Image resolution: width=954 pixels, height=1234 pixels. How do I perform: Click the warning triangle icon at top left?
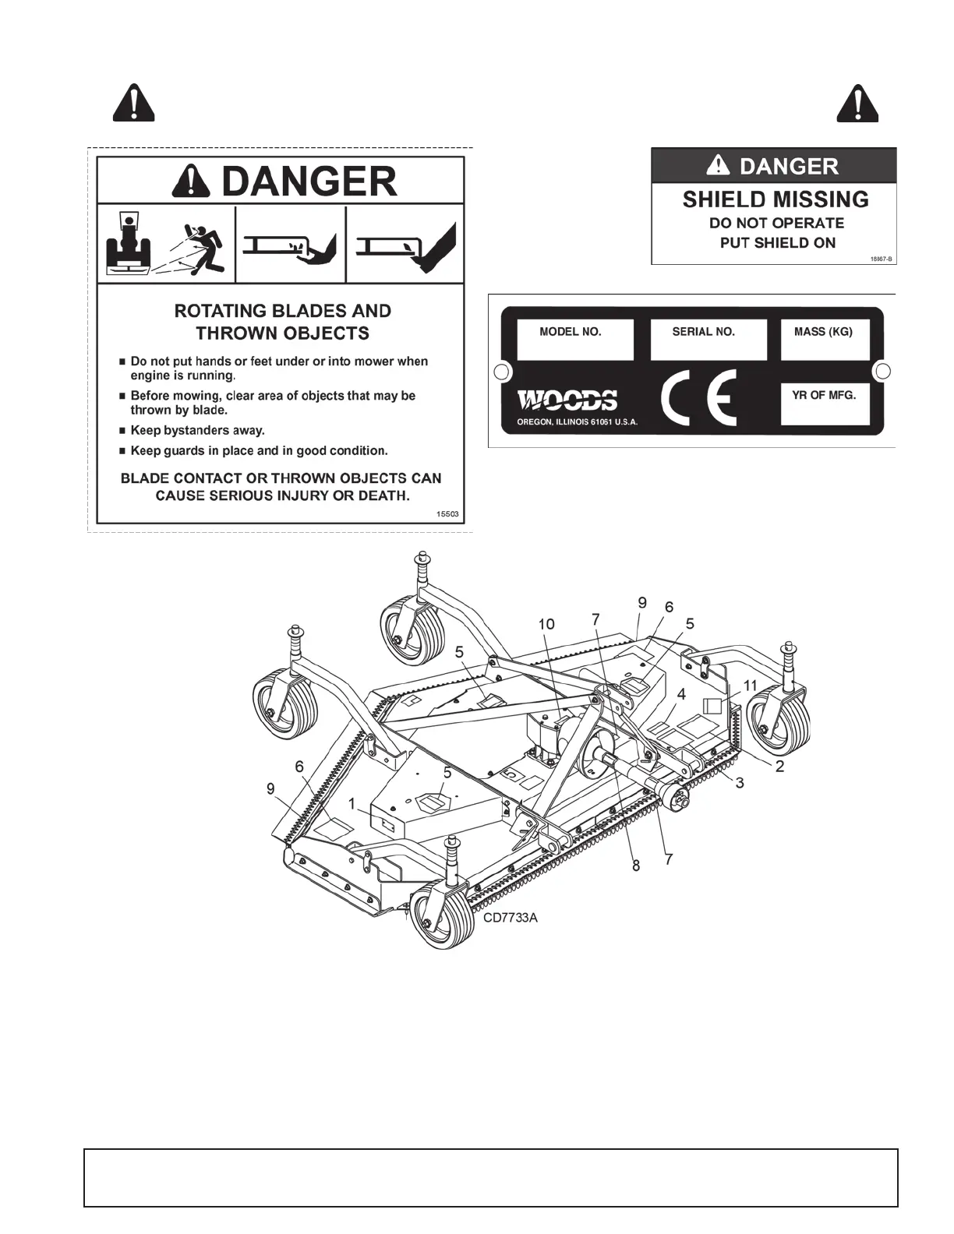pyautogui.click(x=133, y=104)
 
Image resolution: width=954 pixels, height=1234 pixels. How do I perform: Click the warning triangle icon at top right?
pyautogui.click(x=857, y=104)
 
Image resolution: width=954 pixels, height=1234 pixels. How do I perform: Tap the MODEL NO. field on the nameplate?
pyautogui.click(x=575, y=340)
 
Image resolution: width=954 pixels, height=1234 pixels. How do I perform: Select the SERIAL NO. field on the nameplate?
pyautogui.click(x=708, y=340)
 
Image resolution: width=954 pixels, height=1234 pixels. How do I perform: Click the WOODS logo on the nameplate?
pyautogui.click(x=567, y=400)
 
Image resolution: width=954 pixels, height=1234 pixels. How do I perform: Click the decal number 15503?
pyautogui.click(x=448, y=514)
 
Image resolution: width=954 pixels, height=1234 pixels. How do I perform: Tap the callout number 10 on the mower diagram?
pyautogui.click(x=546, y=624)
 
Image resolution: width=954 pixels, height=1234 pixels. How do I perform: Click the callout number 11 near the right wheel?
pyautogui.click(x=750, y=686)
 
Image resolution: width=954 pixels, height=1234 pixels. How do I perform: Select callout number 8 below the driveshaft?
pyautogui.click(x=636, y=865)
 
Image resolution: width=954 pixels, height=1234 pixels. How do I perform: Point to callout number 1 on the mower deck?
pyautogui.click(x=352, y=803)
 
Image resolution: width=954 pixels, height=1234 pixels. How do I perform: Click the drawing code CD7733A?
pyautogui.click(x=511, y=917)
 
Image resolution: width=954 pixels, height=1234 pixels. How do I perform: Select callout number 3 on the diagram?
pyautogui.click(x=740, y=783)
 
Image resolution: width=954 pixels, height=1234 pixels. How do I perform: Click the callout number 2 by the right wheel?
pyautogui.click(x=779, y=767)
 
